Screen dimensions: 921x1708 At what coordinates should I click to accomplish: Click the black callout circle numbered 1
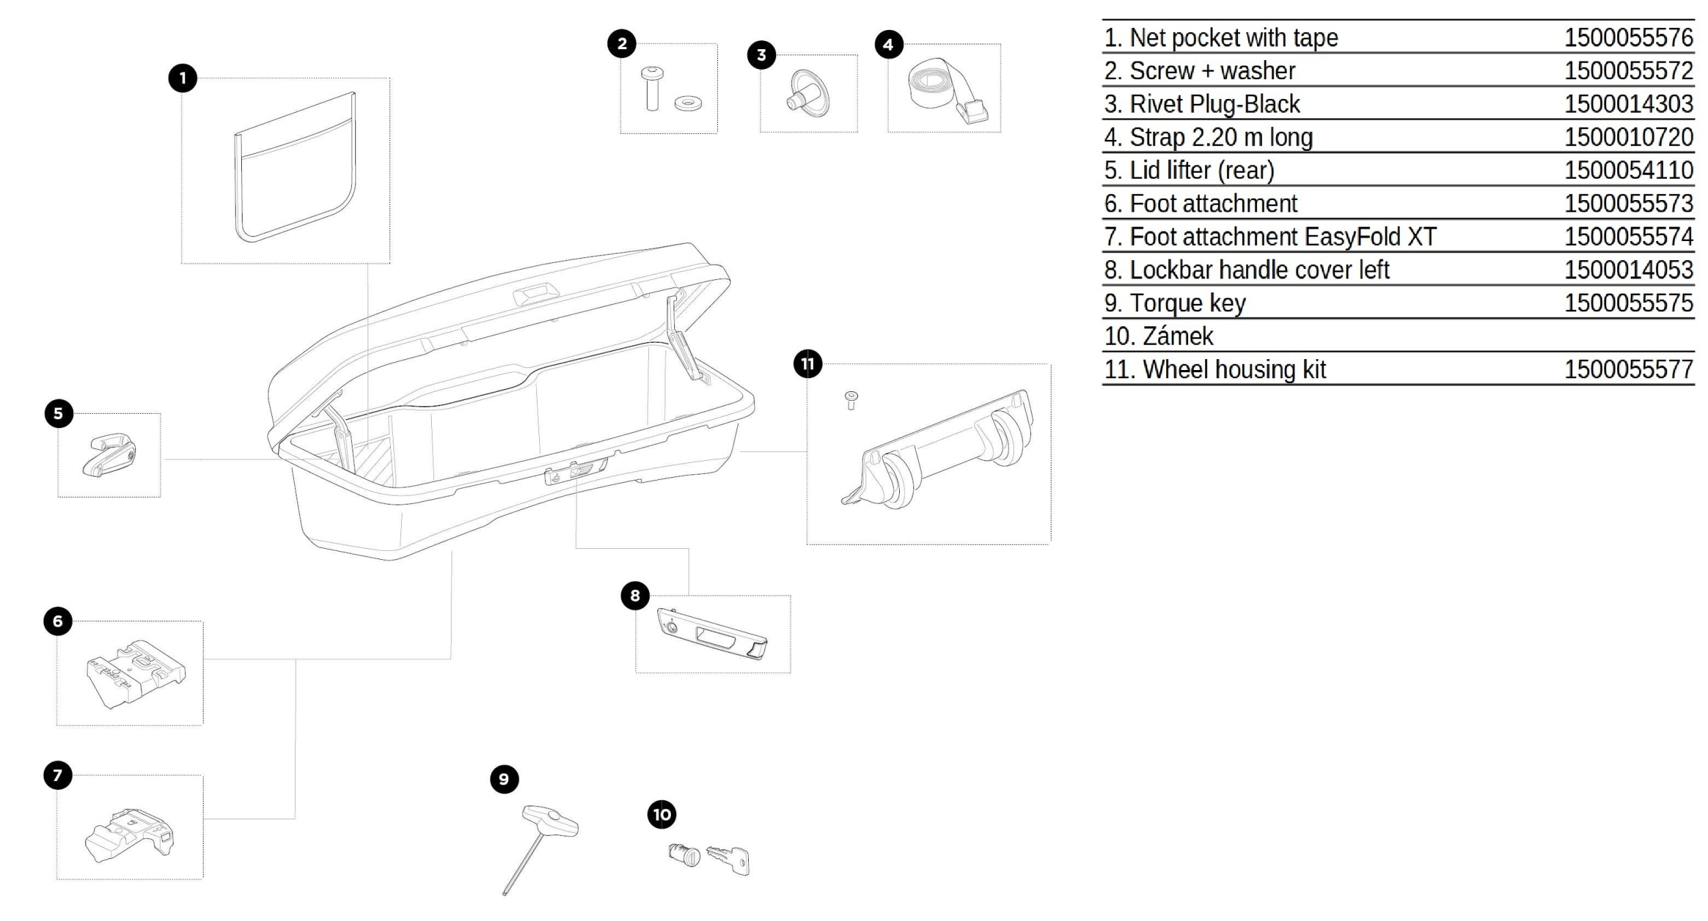(182, 78)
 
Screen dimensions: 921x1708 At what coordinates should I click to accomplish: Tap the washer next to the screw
(687, 104)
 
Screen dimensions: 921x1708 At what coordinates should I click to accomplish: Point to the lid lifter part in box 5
(109, 454)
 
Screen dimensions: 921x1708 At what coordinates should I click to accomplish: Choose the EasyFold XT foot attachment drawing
(130, 834)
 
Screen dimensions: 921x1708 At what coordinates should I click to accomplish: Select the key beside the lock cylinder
(729, 859)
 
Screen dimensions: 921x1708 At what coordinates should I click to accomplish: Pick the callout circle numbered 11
(808, 363)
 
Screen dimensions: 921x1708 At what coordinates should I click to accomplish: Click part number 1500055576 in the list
(1628, 38)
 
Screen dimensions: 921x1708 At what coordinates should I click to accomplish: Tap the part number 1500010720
(1628, 137)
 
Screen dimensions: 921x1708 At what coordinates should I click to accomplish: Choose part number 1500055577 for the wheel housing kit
(1628, 369)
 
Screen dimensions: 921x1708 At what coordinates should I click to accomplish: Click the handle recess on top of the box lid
(536, 295)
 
